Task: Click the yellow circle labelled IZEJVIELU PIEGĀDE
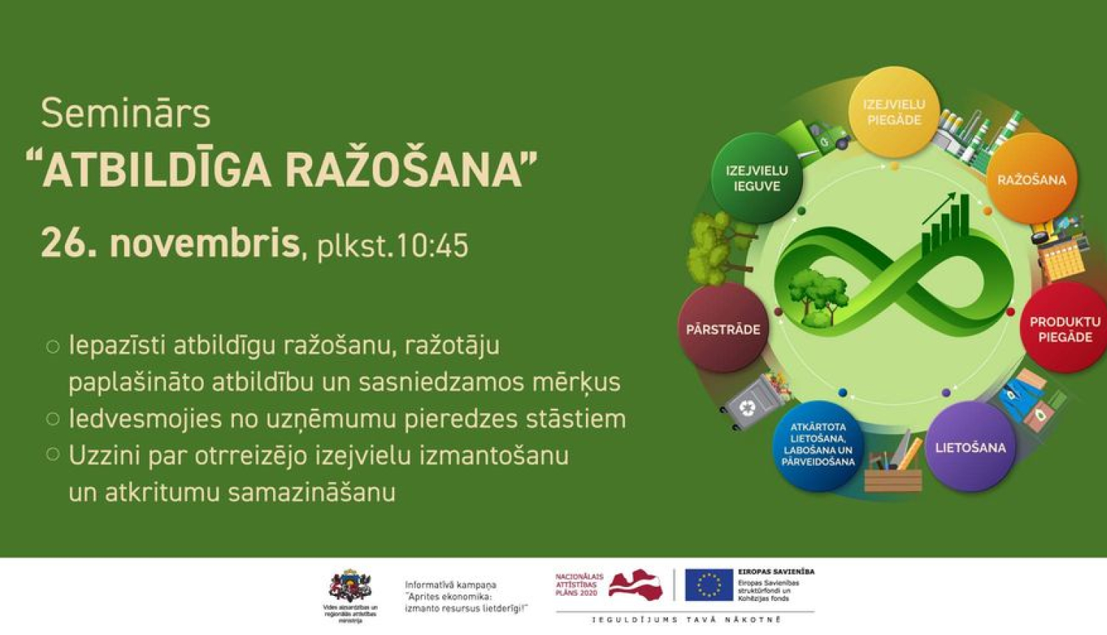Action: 894,111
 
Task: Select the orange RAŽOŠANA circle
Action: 1032,179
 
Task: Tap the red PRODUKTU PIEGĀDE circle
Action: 1064,329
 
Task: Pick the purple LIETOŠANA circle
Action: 970,447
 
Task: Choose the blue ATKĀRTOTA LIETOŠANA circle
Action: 818,445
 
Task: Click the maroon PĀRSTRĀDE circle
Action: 723,329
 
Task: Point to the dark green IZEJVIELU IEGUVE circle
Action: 756,178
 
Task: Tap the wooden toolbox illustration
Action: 893,473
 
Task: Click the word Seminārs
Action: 125,114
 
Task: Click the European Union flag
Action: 708,585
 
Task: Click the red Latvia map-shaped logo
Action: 636,584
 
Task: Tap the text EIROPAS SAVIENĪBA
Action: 776,571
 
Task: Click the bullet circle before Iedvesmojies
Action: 52,419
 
